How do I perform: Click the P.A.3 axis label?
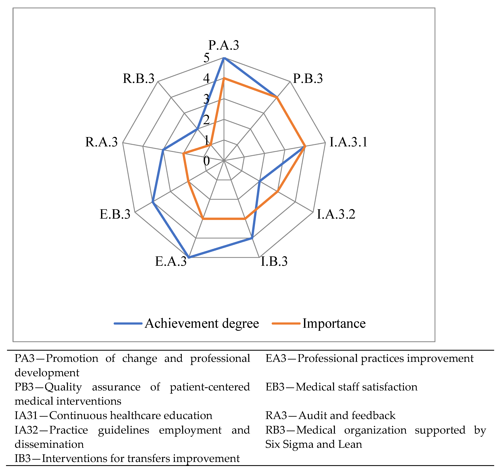point(224,45)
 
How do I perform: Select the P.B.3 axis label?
point(308,79)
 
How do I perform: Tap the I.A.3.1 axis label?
point(348,142)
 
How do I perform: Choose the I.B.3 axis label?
point(274,261)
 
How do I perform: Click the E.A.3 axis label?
point(171,261)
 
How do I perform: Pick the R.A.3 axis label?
point(102,142)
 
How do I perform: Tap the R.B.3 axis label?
point(139,79)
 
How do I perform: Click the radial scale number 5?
point(207,58)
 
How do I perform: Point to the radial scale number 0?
point(207,161)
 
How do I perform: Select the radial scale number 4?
point(207,78)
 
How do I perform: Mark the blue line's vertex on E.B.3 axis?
point(153,202)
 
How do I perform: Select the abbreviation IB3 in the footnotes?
point(23,458)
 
